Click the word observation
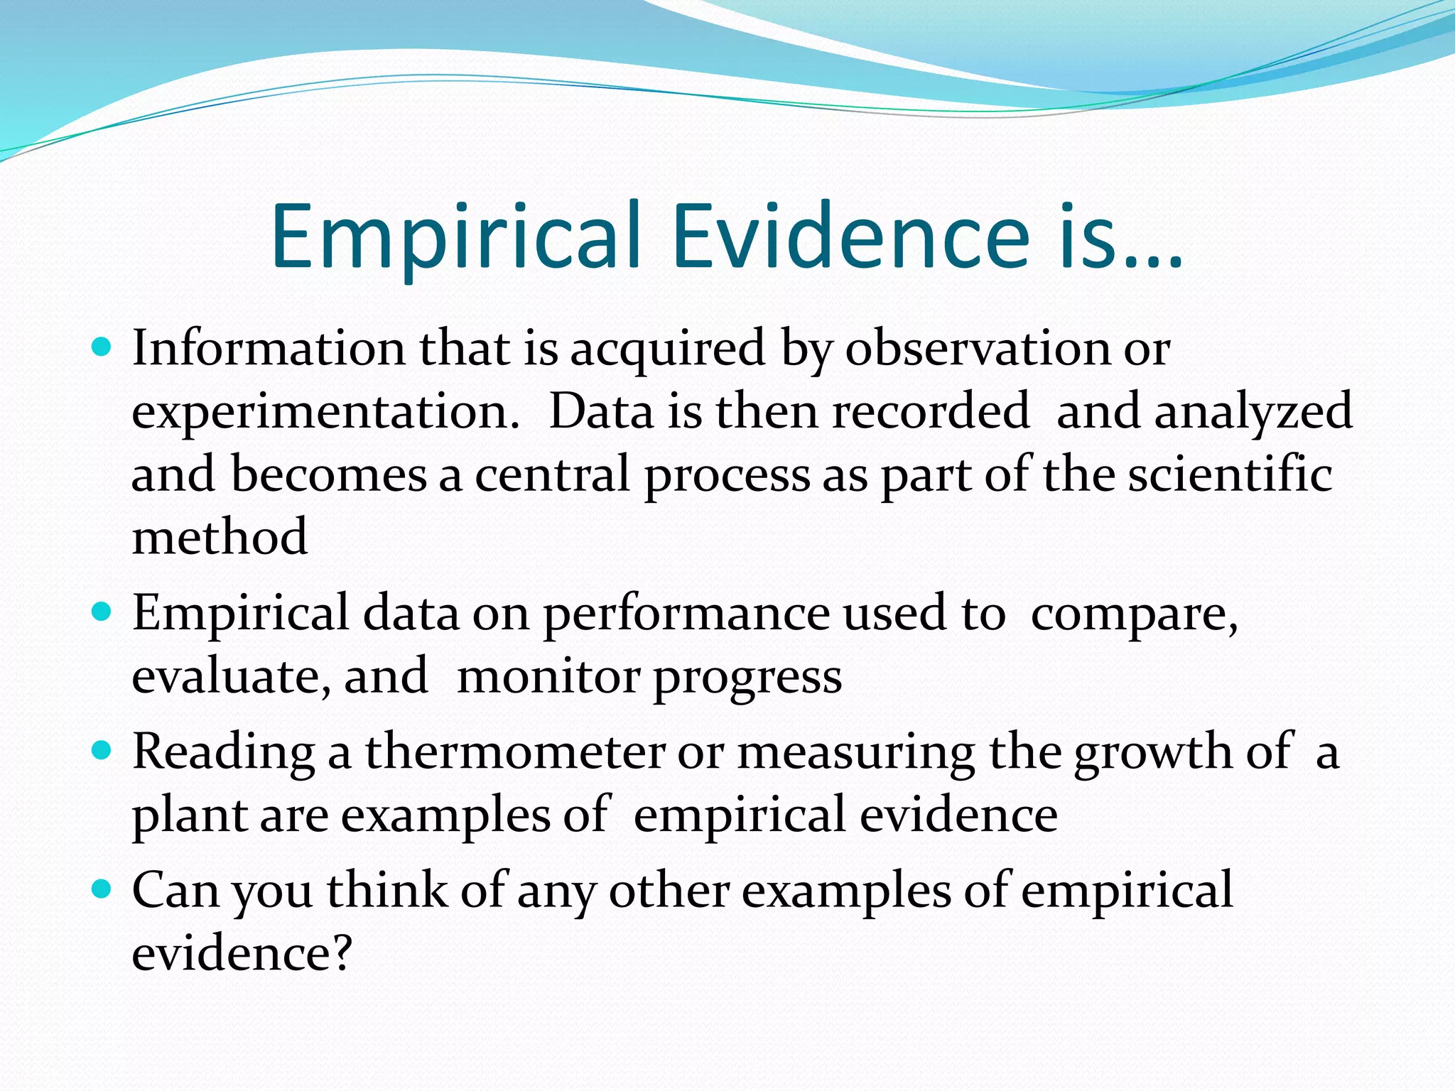977,349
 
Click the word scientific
1230,474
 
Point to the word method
220,537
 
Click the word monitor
548,677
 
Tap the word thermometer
515,751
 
